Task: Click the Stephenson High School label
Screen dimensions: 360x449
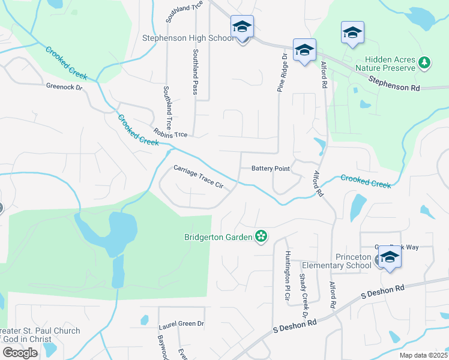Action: click(x=187, y=38)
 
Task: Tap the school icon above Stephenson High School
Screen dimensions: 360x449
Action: click(x=242, y=27)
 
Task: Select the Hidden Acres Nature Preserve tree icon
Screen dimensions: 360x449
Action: click(x=424, y=62)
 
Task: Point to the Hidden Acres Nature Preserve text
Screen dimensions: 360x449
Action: click(x=390, y=64)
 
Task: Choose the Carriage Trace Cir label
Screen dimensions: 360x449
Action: click(x=198, y=178)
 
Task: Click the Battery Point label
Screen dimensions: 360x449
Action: click(x=271, y=169)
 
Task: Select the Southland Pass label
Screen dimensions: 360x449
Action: click(x=195, y=71)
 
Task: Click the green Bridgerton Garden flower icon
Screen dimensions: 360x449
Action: click(x=261, y=236)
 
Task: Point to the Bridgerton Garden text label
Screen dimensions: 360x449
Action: click(x=218, y=237)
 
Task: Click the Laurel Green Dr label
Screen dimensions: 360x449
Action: click(x=181, y=324)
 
